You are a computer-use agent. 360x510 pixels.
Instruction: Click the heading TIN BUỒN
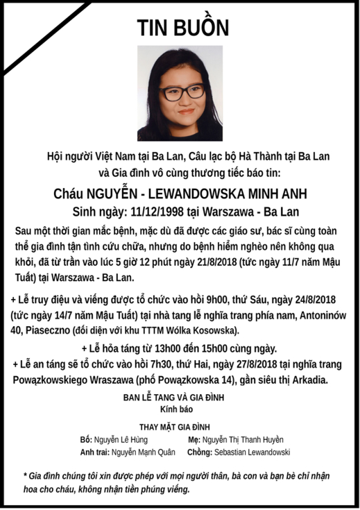182,27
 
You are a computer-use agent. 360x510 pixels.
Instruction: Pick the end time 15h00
223,348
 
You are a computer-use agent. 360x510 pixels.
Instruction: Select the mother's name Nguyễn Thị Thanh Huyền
243,440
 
